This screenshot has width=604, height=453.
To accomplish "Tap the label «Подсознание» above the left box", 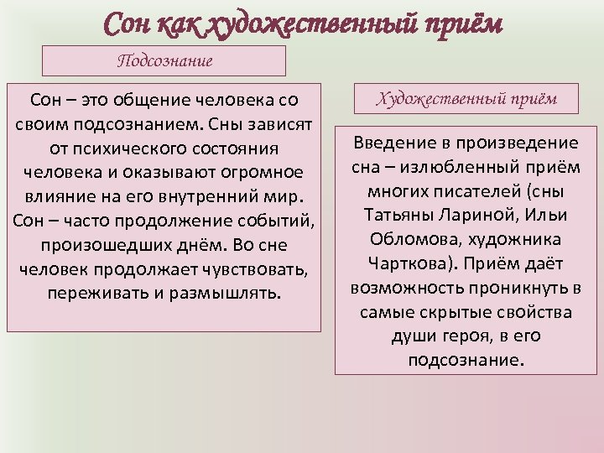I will (164, 61).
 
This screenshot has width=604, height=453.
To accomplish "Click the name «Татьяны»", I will (399, 215).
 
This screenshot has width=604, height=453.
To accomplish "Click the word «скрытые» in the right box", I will (473, 311).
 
